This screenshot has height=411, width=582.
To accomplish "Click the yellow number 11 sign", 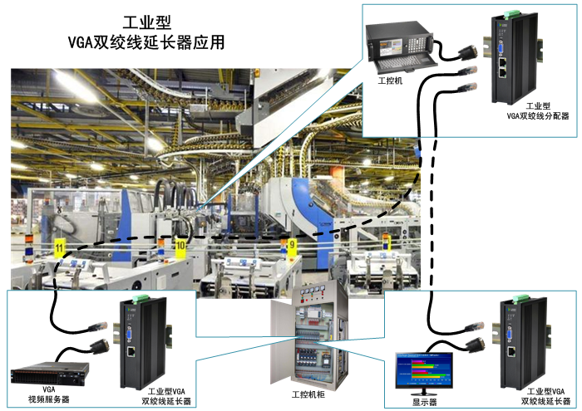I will tap(59, 247).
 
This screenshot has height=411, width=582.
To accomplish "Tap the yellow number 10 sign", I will tap(180, 246).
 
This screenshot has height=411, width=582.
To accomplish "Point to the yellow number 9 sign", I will tap(291, 244).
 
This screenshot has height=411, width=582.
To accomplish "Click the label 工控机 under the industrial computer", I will tap(389, 81).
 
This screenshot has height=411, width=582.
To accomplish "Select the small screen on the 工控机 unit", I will tap(387, 39).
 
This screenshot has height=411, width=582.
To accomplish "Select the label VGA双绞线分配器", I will tap(537, 117).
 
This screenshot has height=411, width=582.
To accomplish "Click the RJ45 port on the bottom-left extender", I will tap(133, 351).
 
